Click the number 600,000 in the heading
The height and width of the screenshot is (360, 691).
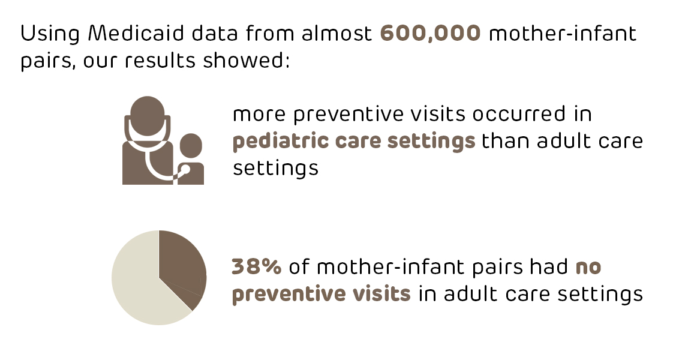pos(430,34)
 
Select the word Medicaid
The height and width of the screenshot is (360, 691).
pos(136,34)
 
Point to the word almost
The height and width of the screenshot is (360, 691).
pos(337,34)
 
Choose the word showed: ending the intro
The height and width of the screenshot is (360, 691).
pos(247,59)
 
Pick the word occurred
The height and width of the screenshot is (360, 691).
pos(519,114)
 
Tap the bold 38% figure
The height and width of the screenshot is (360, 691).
pos(257,266)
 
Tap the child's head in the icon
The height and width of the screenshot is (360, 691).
pos(191,146)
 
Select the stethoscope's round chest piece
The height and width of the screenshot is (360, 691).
pos(184,170)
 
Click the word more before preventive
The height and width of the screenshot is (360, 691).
pos(259,115)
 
